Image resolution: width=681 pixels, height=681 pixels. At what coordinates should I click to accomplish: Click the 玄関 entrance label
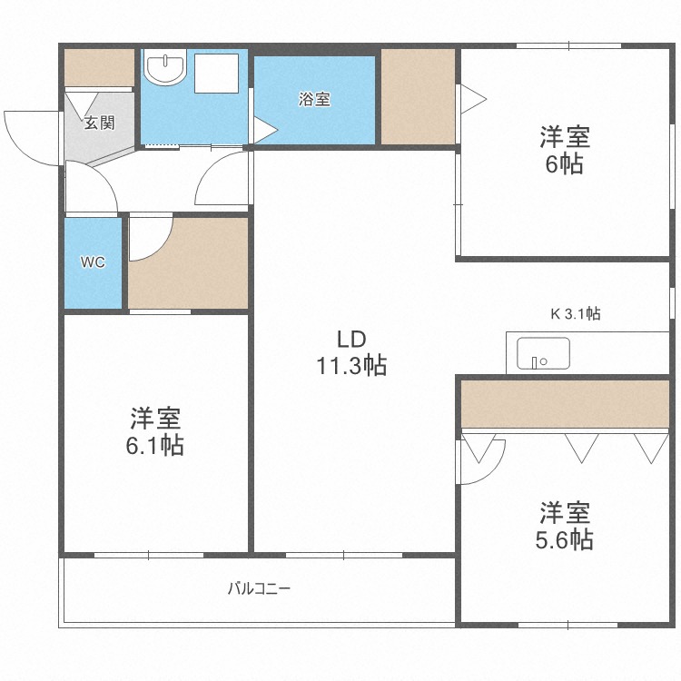[99, 122]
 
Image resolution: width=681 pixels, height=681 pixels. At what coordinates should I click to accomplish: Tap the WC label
[93, 262]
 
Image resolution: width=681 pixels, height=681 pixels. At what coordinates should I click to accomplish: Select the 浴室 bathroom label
[314, 100]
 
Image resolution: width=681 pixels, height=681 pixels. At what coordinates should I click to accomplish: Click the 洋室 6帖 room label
[565, 151]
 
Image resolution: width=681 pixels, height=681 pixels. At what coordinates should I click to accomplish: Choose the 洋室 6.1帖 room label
[156, 431]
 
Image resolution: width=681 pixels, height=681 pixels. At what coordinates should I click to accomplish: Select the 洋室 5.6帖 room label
[565, 526]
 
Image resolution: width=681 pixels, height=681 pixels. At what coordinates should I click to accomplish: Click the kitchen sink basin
[542, 353]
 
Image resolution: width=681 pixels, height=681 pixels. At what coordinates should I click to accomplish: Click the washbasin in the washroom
[166, 69]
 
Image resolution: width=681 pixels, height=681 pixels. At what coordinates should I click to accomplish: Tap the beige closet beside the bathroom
[417, 95]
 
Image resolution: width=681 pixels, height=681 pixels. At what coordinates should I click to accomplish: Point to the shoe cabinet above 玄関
[99, 66]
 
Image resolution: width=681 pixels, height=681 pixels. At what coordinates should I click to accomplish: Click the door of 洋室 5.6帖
[479, 459]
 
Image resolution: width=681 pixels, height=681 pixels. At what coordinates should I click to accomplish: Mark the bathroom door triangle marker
[263, 132]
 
